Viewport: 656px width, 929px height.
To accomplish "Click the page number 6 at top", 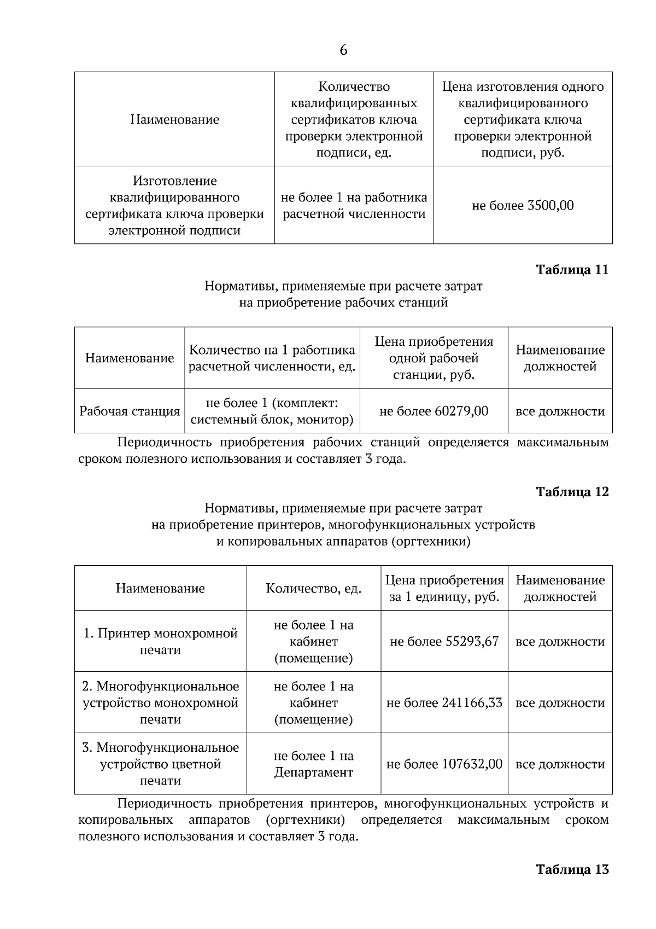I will [343, 50].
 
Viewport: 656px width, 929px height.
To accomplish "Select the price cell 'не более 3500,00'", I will [523, 206].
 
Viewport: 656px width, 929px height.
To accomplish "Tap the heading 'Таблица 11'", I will [572, 270].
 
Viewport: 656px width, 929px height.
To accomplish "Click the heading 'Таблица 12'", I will [572, 492].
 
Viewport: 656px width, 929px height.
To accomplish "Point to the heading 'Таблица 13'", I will [572, 869].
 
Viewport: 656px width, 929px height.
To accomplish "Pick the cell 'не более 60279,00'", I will [434, 411].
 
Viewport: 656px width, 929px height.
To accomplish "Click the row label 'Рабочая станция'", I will [130, 411].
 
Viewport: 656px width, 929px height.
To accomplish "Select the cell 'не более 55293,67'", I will [444, 641].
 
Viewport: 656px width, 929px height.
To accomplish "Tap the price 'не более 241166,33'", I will [444, 702].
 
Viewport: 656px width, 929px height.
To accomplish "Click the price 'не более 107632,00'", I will [444, 764].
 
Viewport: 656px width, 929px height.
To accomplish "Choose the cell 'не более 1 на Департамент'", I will [313, 764].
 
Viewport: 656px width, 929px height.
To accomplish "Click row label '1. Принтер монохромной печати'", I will [160, 641].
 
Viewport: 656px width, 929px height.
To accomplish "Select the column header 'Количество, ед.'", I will [313, 588].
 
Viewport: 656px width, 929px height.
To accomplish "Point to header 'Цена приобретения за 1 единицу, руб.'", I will [444, 588].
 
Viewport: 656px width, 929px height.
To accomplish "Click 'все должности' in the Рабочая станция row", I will [560, 411].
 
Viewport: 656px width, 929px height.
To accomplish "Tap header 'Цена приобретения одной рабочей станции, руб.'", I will [434, 358].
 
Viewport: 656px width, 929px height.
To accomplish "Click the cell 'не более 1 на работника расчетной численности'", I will [354, 206].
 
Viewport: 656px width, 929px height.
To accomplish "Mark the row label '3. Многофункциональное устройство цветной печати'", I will [160, 764].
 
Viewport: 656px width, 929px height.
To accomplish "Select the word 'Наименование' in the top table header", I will [174, 119].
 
